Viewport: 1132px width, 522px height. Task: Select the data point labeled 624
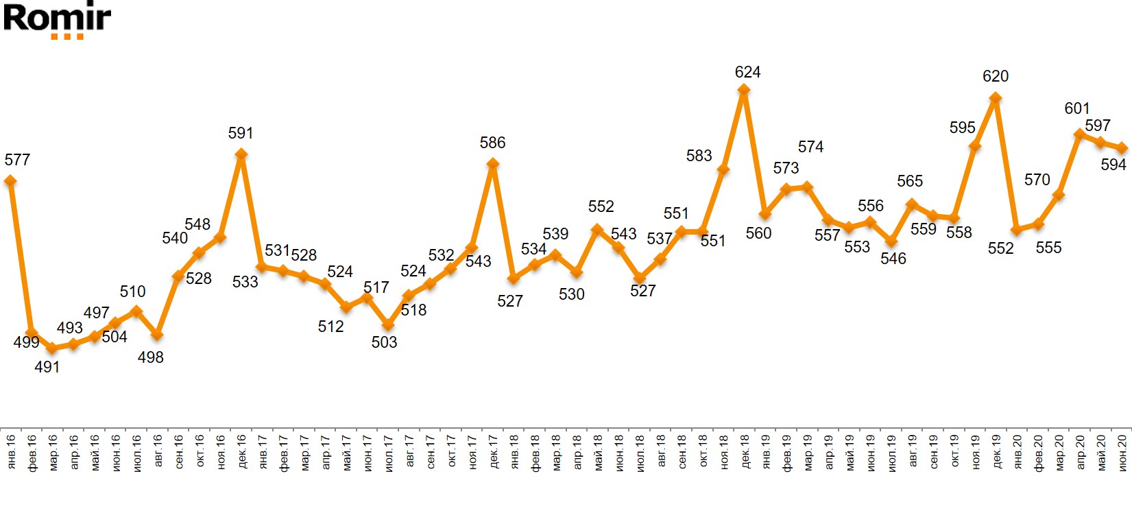pos(744,90)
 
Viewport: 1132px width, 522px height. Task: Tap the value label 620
pos(996,76)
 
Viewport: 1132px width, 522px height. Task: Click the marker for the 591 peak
pos(241,154)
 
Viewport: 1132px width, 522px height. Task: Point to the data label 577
pos(17,160)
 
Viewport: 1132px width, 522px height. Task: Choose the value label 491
pos(47,367)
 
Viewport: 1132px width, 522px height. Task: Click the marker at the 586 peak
pos(492,164)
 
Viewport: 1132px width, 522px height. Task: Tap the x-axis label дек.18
pos(745,451)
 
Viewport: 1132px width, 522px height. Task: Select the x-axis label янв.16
pos(11,451)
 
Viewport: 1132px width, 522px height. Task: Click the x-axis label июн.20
pos(1122,451)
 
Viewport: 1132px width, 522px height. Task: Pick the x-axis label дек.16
pos(241,451)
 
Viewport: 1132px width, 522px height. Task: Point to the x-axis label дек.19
pos(997,451)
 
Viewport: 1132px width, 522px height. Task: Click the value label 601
pos(1076,108)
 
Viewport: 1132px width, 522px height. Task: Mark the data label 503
pos(384,342)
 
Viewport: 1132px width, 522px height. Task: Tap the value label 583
pos(699,156)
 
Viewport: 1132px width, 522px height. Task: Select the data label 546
pos(893,259)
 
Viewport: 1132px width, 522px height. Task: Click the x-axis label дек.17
pos(493,451)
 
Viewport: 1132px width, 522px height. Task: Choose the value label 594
pos(1113,165)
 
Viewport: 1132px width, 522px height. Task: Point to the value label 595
pos(962,128)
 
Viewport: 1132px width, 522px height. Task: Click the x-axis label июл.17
pos(388,451)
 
